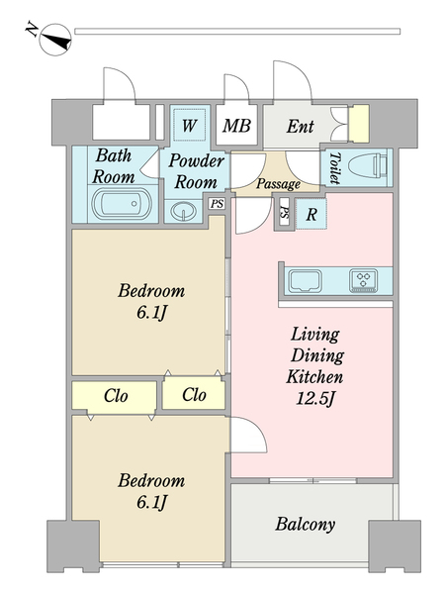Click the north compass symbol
[x=55, y=40]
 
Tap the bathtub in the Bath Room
[x=123, y=204]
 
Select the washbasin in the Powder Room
[x=184, y=211]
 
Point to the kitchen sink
[x=305, y=281]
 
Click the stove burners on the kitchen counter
[x=364, y=280]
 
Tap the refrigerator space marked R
[x=311, y=214]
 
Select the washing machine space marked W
[x=190, y=125]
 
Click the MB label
[x=236, y=126]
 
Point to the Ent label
[x=300, y=126]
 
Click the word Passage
[x=278, y=184]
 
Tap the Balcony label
[x=305, y=525]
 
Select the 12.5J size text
[x=315, y=399]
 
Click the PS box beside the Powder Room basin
[x=217, y=203]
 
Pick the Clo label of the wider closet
[x=116, y=396]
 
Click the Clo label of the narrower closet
[x=194, y=395]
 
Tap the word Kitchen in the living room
[x=314, y=376]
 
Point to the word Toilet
[x=334, y=168]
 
